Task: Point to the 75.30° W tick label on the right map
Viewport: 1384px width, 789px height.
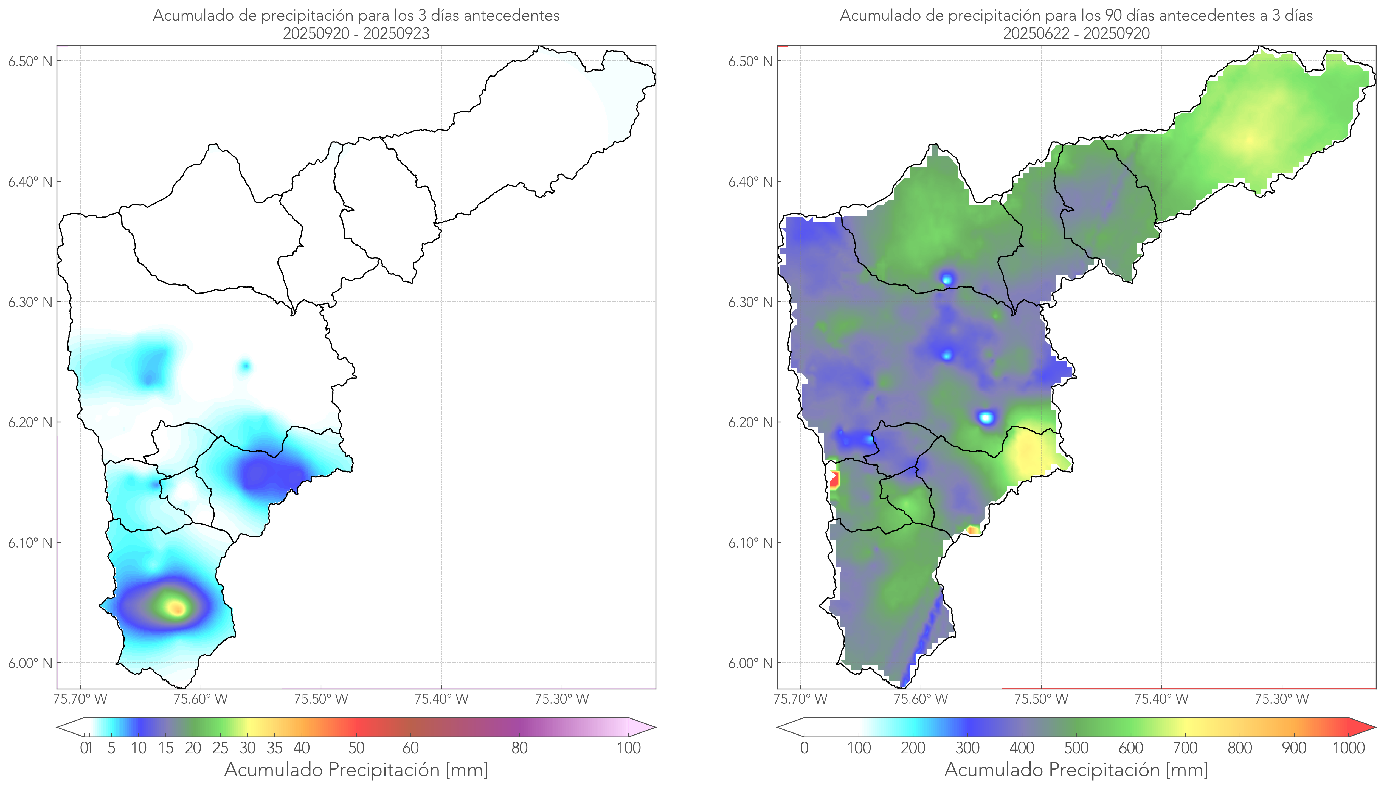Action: point(1282,699)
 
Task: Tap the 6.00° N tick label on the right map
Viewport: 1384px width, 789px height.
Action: point(750,663)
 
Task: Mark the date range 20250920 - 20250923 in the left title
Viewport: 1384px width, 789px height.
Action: point(356,33)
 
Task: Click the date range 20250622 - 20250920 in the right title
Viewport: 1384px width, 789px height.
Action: point(1076,33)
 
